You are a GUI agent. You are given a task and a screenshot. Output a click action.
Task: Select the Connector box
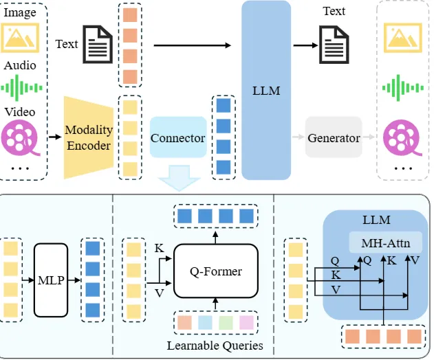coord(177,138)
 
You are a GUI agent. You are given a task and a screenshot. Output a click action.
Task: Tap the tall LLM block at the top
coord(266,89)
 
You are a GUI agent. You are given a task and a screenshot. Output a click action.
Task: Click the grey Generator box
coord(334,138)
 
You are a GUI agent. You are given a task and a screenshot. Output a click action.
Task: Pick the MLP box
coord(52,280)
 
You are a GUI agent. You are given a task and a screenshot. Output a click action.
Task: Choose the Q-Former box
coord(215,271)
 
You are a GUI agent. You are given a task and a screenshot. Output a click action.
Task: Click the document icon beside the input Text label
coord(97,45)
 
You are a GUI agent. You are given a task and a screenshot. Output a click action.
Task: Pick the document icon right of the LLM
coord(334,45)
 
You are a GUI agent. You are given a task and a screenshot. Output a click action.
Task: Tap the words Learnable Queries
coord(215,346)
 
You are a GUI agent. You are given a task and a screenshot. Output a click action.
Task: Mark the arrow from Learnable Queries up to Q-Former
coord(215,304)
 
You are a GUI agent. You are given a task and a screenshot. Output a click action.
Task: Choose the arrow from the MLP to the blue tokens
coord(75,280)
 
